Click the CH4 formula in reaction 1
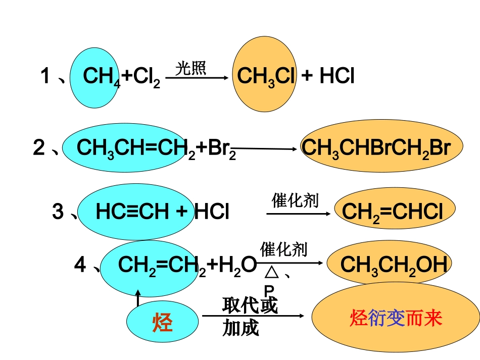(101, 77)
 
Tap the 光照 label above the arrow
(191, 69)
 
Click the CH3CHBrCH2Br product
(375, 148)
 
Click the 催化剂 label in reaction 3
(295, 200)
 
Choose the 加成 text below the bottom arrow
(241, 328)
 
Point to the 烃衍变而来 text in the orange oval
(396, 318)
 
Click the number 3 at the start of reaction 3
(58, 212)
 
